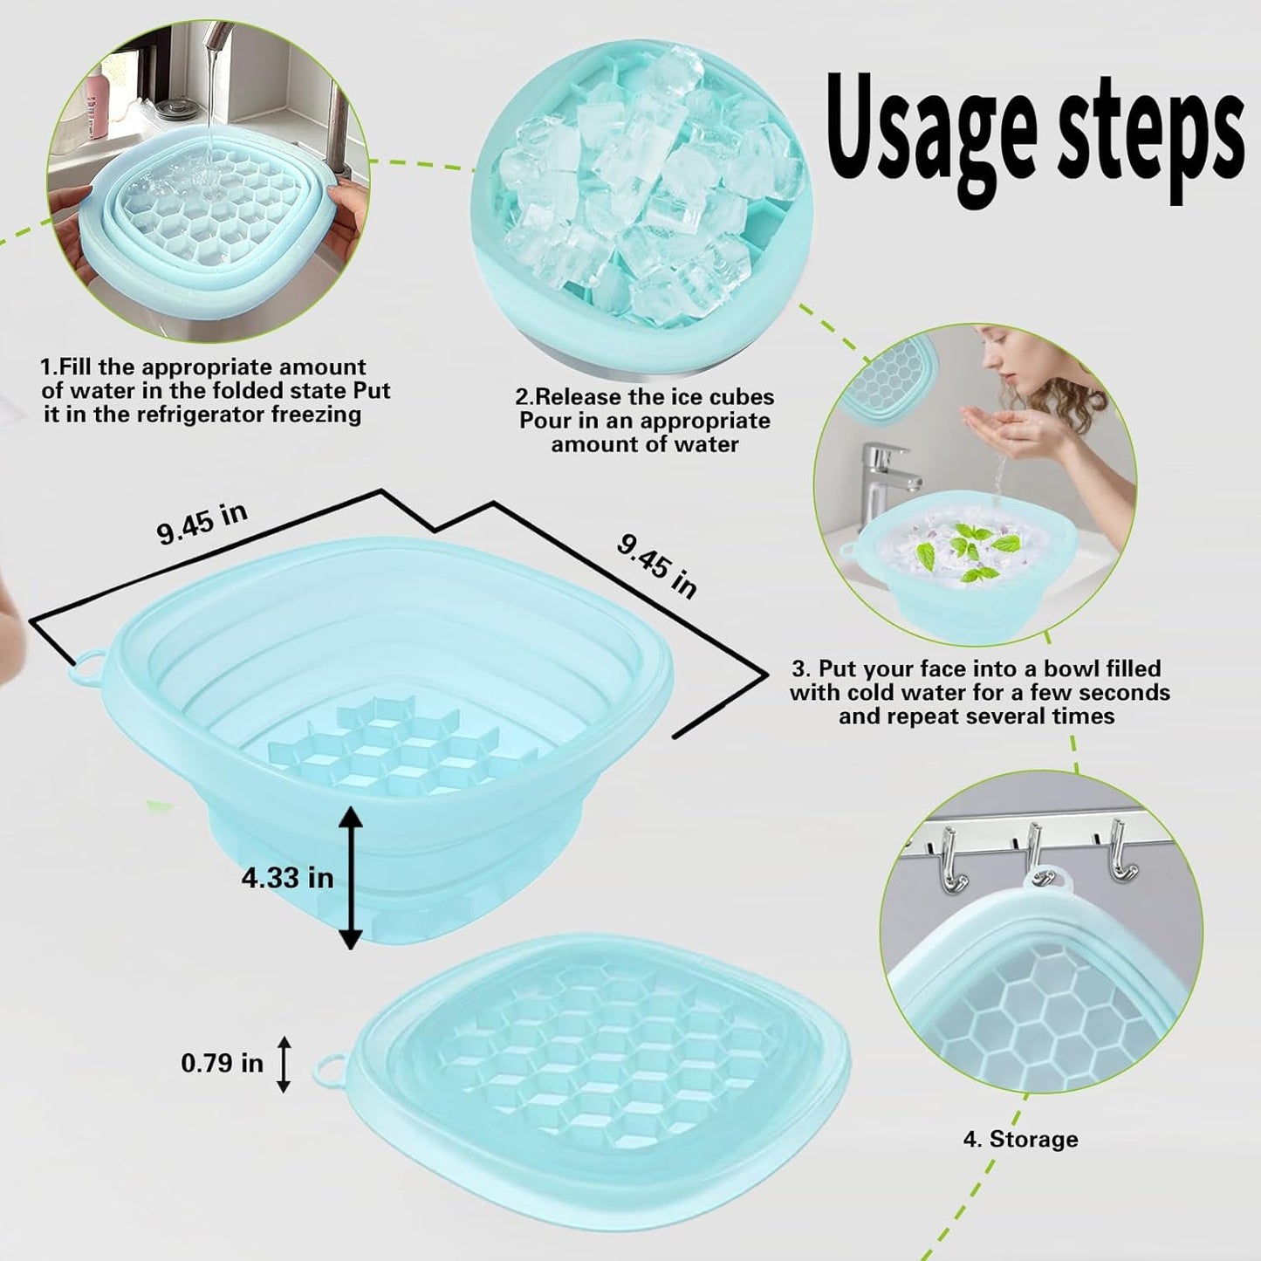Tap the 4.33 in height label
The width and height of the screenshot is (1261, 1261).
tap(287, 877)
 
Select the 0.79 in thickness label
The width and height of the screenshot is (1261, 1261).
tap(222, 1063)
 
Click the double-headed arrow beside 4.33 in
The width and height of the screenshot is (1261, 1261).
tap(350, 877)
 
